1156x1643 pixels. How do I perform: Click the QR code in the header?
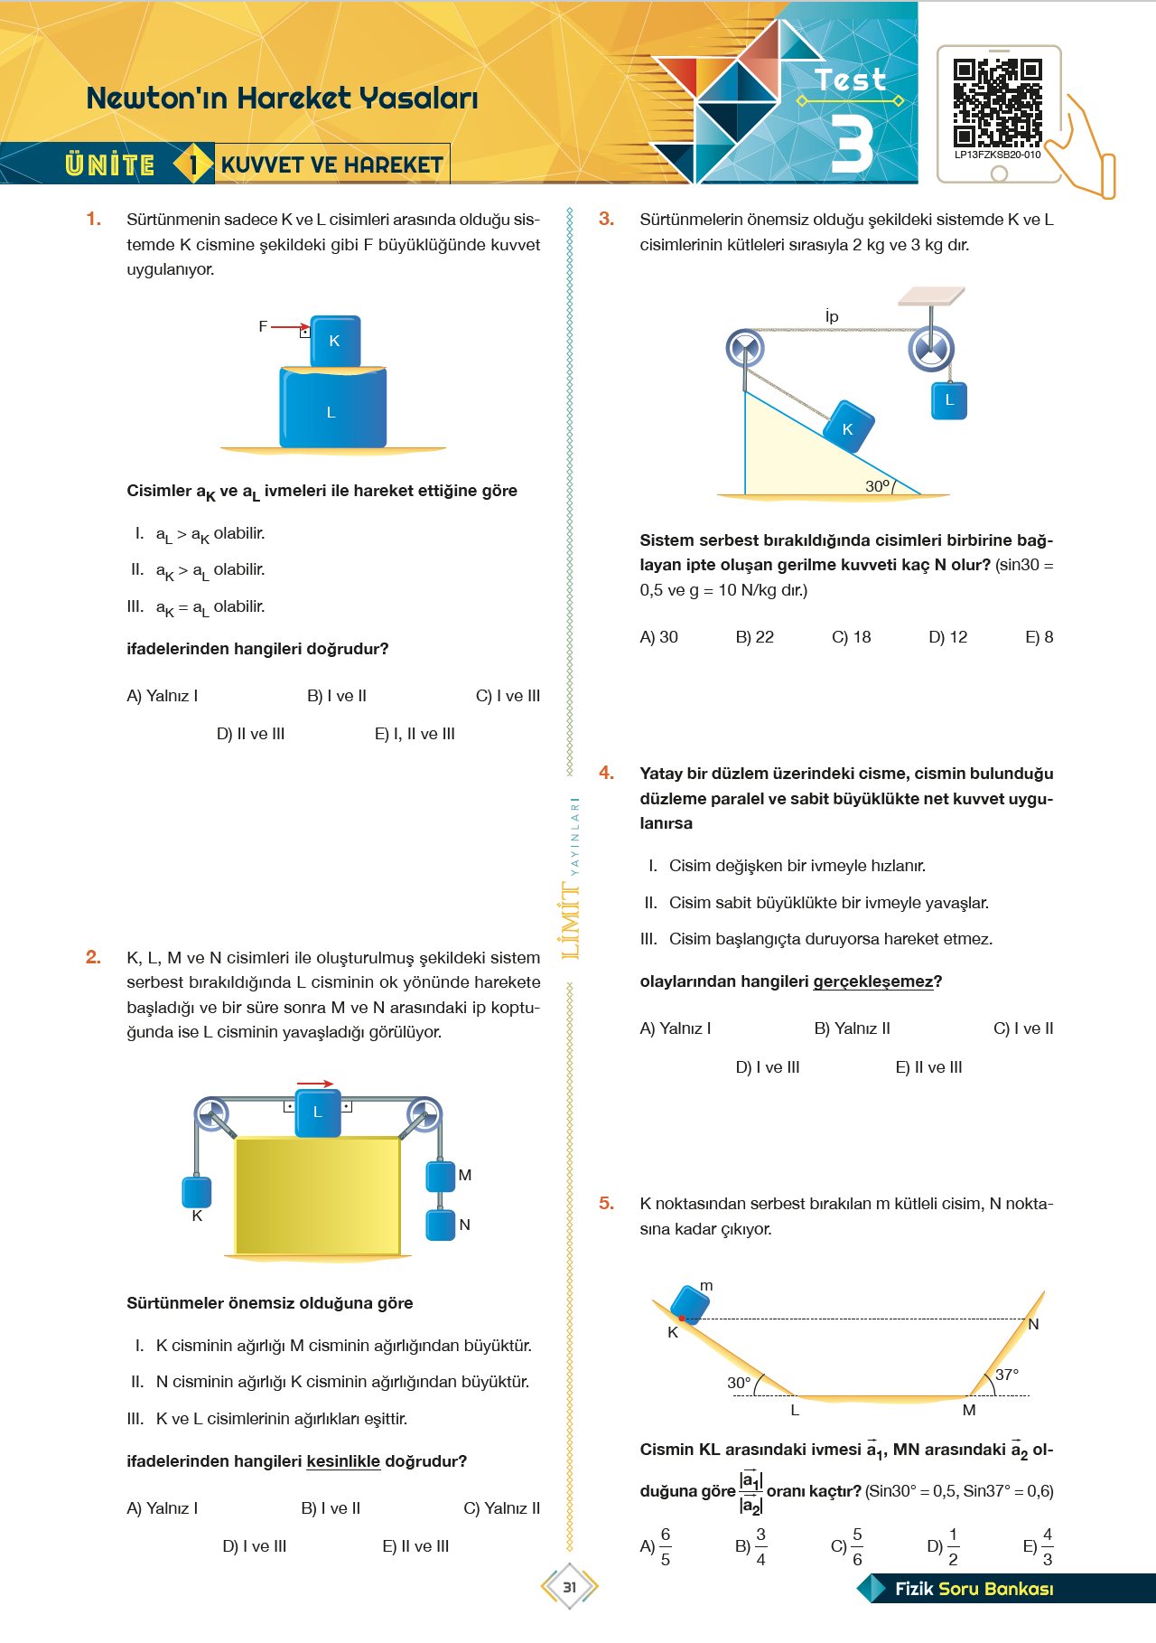[x=997, y=103]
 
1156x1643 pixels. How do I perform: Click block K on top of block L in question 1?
[x=335, y=341]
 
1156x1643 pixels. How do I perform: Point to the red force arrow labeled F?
[x=290, y=327]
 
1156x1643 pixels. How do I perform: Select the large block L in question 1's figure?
[x=332, y=408]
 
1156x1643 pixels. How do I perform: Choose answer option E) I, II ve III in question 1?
[x=415, y=734]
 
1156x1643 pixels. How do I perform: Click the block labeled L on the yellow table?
[x=317, y=1113]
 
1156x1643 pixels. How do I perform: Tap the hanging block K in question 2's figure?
[x=197, y=1192]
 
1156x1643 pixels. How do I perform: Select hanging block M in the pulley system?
[x=441, y=1176]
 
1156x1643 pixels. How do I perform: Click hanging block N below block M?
[x=441, y=1225]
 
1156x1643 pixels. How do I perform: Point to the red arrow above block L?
[x=315, y=1084]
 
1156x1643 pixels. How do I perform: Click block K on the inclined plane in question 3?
[x=848, y=427]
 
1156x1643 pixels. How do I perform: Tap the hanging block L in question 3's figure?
[x=949, y=400]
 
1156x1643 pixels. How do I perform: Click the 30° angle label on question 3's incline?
[x=878, y=486]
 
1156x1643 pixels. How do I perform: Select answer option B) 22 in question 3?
[x=755, y=637]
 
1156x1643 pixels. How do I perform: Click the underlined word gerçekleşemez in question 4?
[x=872, y=981]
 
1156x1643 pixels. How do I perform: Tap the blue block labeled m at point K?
[x=691, y=1304]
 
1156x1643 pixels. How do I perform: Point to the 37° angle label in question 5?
[x=1007, y=1375]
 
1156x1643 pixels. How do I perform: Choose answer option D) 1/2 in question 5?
[x=944, y=1546]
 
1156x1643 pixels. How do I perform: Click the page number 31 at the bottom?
[x=570, y=1587]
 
